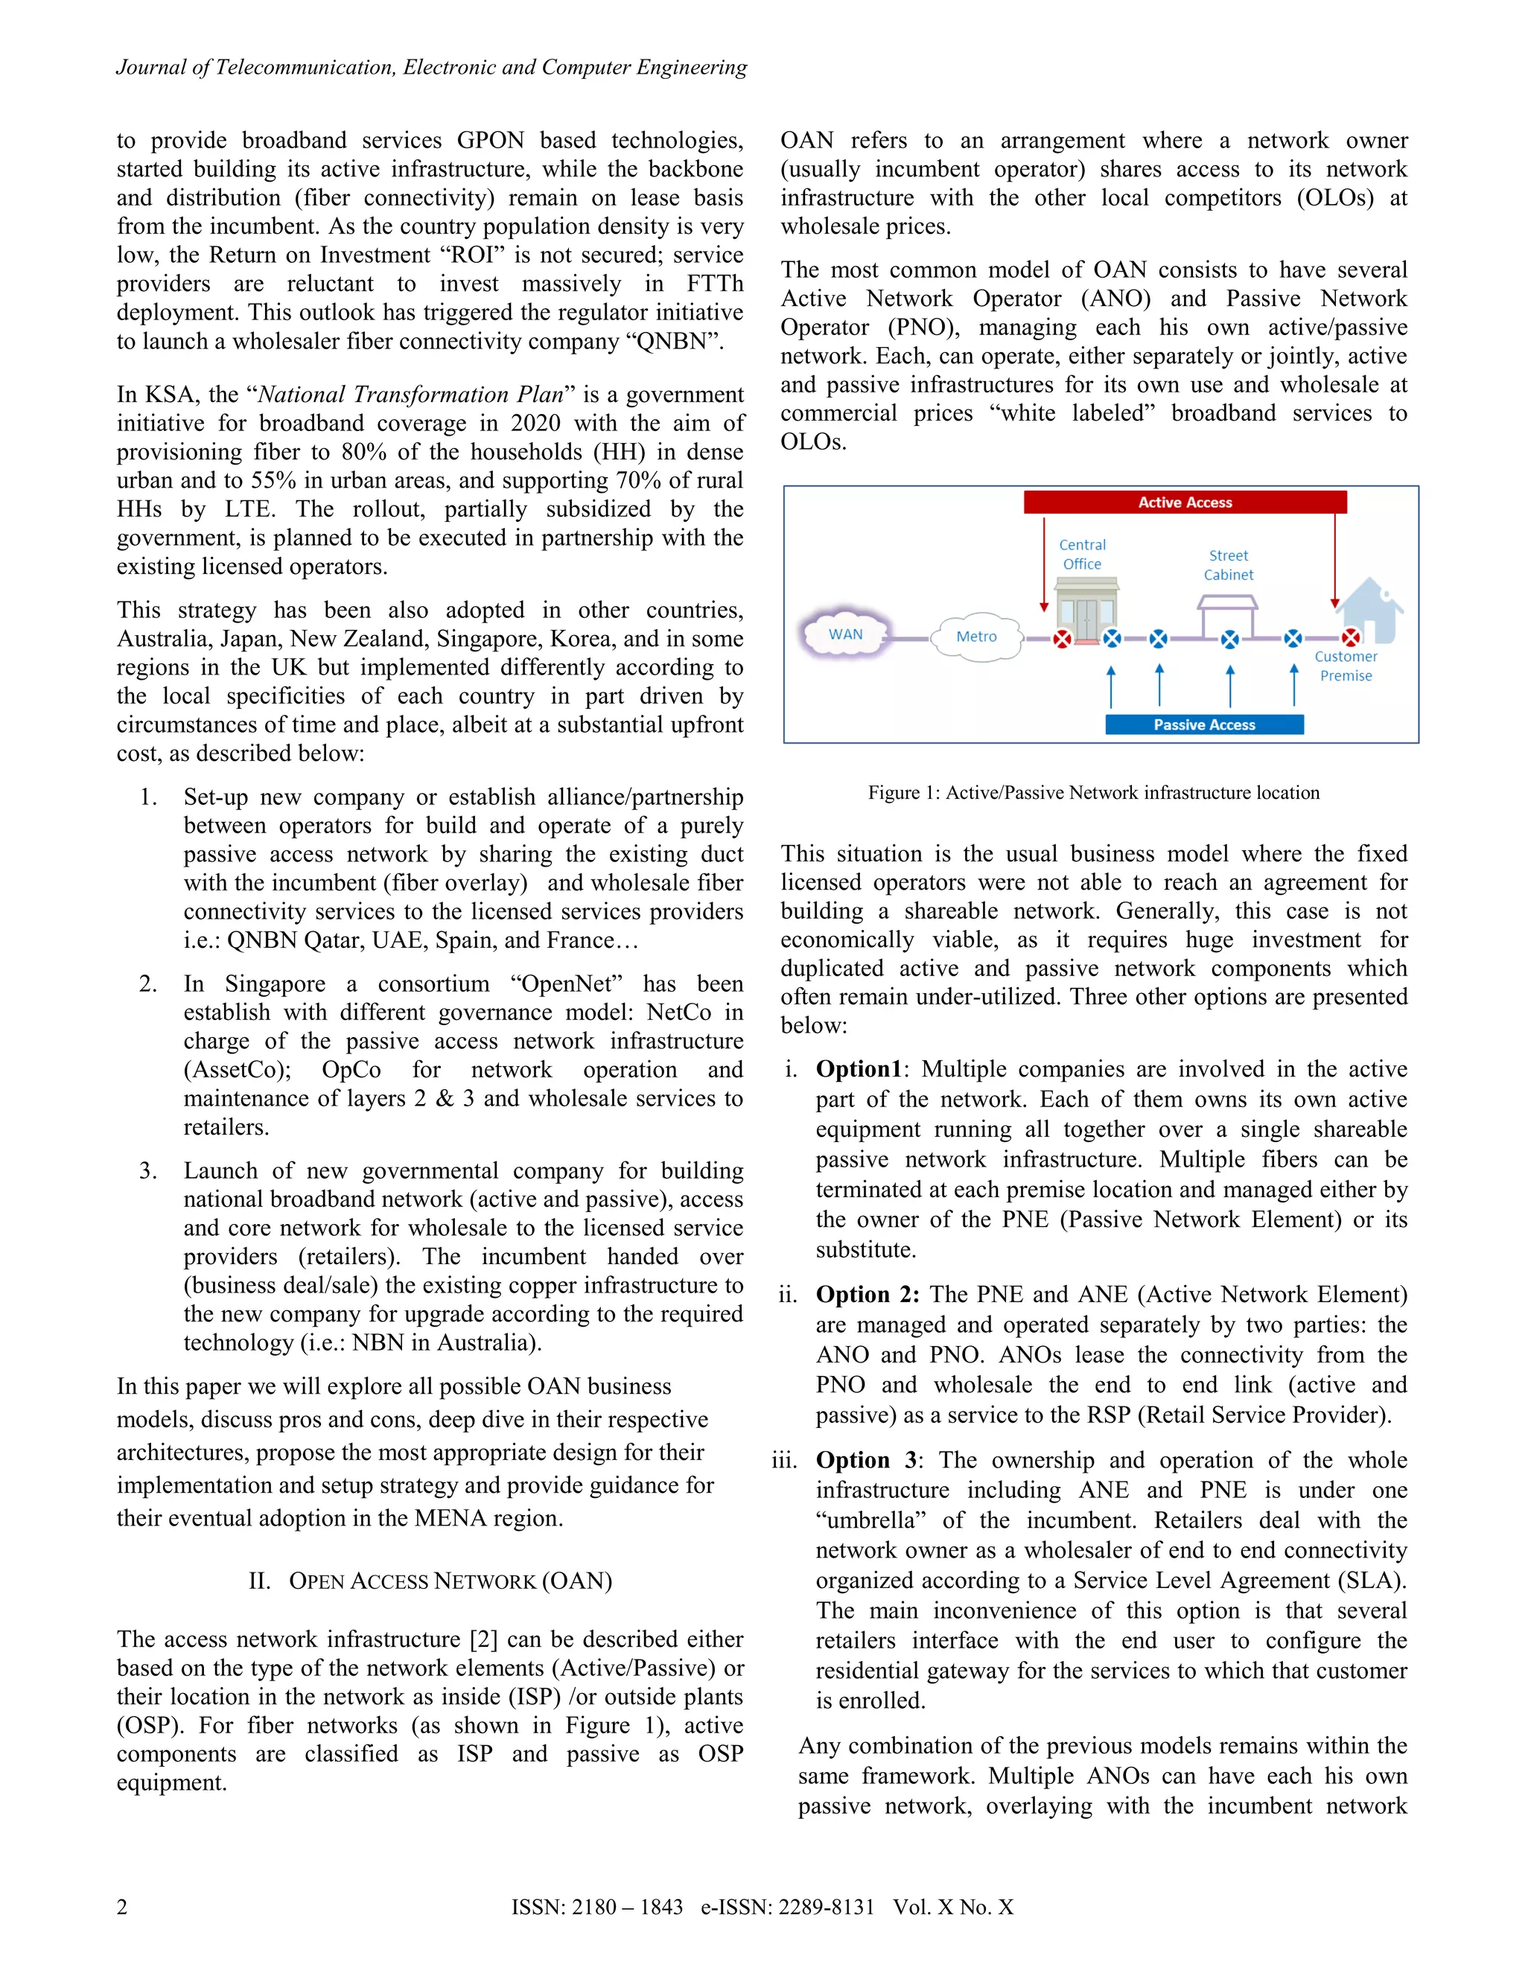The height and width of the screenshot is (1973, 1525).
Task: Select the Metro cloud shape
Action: pyautogui.click(x=977, y=636)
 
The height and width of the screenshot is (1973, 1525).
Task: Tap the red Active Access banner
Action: pyautogui.click(x=1185, y=503)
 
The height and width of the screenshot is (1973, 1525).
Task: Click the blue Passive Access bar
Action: pyautogui.click(x=1203, y=724)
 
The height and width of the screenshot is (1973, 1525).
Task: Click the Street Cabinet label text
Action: pyautogui.click(x=1228, y=564)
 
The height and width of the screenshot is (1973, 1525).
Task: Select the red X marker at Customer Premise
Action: pyautogui.click(x=1351, y=638)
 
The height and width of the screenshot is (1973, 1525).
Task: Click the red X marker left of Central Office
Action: pyautogui.click(x=1063, y=639)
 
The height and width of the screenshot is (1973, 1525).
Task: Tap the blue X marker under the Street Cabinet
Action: pyautogui.click(x=1229, y=639)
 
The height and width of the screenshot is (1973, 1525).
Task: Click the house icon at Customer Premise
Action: pyautogui.click(x=1369, y=610)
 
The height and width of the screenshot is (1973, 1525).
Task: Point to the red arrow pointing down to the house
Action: pyautogui.click(x=1334, y=560)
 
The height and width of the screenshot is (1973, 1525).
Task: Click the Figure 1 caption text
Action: pyautogui.click(x=1093, y=792)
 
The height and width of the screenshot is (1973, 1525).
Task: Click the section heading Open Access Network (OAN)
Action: pyautogui.click(x=430, y=1580)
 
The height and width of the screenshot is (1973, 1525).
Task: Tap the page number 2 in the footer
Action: pyautogui.click(x=122, y=1906)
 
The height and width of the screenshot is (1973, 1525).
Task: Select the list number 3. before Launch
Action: pyautogui.click(x=148, y=1171)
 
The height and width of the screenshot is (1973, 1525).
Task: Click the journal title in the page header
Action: pyautogui.click(x=431, y=67)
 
